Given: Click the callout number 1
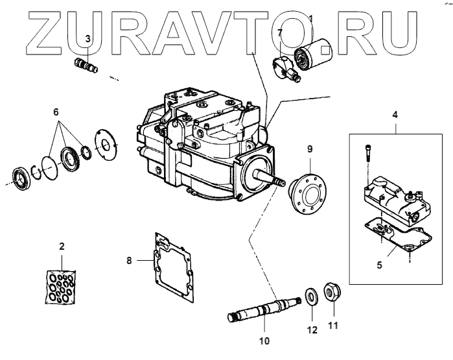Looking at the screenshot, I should pos(310,19).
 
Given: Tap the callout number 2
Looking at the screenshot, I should pos(62,246).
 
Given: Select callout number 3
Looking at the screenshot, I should pos(88,40).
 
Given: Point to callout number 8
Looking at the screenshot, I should pos(129,261).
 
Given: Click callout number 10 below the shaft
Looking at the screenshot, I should pos(264,339).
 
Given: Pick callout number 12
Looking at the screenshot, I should pos(312,330).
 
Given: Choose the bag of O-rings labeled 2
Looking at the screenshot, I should pos(62,286).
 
